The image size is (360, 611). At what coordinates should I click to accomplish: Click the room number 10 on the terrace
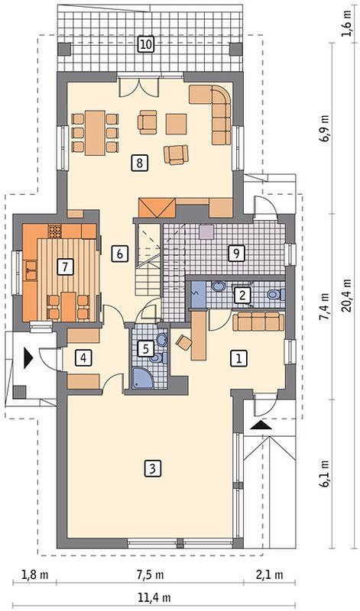pyautogui.click(x=145, y=44)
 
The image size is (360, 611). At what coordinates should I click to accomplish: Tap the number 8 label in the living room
pyautogui.click(x=140, y=163)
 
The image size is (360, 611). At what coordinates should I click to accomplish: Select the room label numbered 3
pyautogui.click(x=153, y=468)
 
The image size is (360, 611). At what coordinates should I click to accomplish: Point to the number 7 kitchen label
pyautogui.click(x=65, y=267)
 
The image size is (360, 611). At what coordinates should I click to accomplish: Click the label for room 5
pyautogui.click(x=145, y=349)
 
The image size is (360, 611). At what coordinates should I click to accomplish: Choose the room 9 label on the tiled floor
pyautogui.click(x=236, y=254)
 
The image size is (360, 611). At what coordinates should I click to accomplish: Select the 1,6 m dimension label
pyautogui.click(x=347, y=24)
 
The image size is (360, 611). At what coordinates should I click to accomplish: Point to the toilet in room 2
pyautogui.click(x=276, y=294)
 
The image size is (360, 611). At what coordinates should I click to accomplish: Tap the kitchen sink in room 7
pyautogui.click(x=30, y=270)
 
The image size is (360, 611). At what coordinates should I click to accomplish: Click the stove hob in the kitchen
pyautogui.click(x=55, y=231)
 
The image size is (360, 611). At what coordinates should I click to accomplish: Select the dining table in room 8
pyautogui.click(x=95, y=133)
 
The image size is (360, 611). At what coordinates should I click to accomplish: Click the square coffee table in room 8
pyautogui.click(x=177, y=124)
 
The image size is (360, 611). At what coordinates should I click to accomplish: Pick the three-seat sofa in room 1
pyautogui.click(x=258, y=322)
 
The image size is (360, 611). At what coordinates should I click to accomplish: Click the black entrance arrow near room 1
pyautogui.click(x=261, y=425)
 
